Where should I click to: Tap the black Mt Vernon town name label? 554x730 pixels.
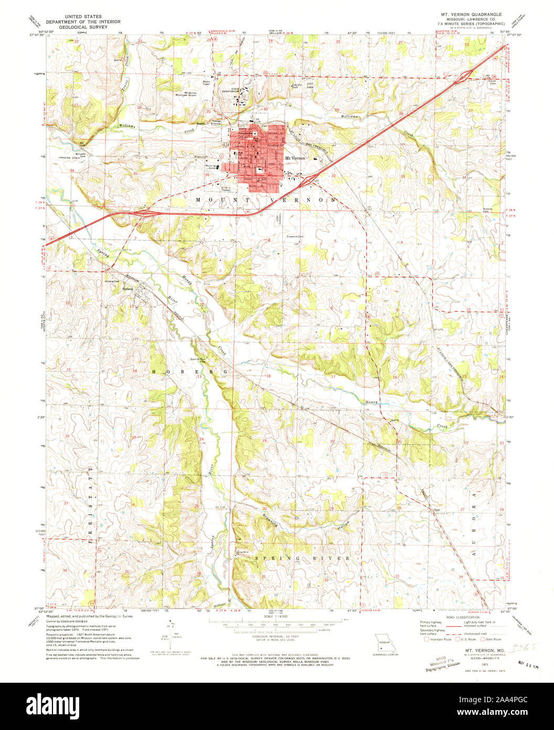pyautogui.click(x=294, y=158)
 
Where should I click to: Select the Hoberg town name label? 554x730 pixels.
pyautogui.click(x=128, y=288)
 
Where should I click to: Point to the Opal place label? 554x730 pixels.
pyautogui.click(x=436, y=509)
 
